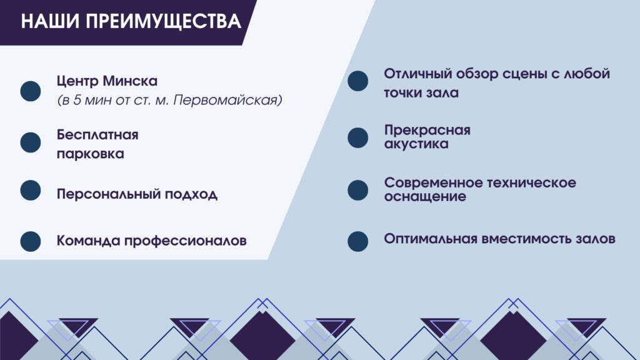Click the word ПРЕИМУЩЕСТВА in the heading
(163, 21)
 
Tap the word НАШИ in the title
(50, 21)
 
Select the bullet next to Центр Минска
(31, 91)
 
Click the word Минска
(130, 81)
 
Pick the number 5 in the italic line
(77, 100)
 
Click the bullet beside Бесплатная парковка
(31, 142)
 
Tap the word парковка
(90, 154)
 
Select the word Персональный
(109, 194)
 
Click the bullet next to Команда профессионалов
(31, 241)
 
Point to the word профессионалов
(185, 241)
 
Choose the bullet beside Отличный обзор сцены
(358, 81)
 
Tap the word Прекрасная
(427, 130)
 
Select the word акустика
(416, 144)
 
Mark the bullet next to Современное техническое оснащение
(358, 190)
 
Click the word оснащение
(425, 197)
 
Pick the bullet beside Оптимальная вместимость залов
(358, 241)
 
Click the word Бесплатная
(97, 135)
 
